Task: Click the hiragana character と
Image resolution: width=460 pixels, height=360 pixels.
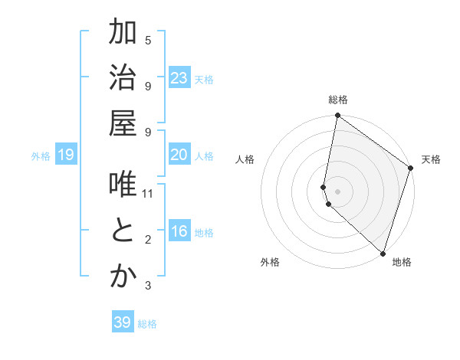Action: pos(123,231)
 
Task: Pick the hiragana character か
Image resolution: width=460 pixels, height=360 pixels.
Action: pos(123,277)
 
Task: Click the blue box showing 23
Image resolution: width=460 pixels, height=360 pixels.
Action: pos(179,78)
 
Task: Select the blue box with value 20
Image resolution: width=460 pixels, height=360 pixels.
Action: pos(179,155)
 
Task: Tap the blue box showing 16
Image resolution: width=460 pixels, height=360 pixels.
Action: pos(179,232)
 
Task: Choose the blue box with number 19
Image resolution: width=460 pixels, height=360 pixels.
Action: pos(66,155)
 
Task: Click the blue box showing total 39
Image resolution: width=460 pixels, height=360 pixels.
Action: pos(122,322)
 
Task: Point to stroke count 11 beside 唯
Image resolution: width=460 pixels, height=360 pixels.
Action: pos(148,193)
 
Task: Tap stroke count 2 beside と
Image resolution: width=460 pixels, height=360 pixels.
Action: pos(148,241)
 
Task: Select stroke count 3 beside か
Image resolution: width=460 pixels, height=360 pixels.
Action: pos(148,286)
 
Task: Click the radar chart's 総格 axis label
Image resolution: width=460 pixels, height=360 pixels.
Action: pos(338,100)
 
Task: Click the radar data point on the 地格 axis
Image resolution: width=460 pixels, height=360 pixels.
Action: pos(383,254)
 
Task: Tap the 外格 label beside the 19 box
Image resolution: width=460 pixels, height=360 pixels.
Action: pos(41,156)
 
